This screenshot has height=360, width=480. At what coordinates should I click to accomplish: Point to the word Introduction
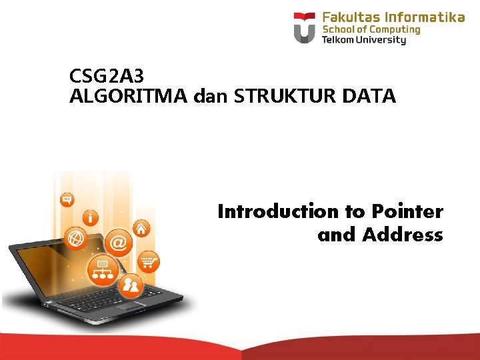pyautogui.click(x=278, y=212)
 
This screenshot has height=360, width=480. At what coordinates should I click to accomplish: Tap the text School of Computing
pyautogui.click(x=371, y=29)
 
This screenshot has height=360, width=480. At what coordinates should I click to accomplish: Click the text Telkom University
pyautogui.click(x=363, y=40)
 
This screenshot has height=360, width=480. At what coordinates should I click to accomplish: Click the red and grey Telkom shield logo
pyautogui.click(x=305, y=27)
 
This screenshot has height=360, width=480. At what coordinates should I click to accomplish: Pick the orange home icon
pyautogui.click(x=141, y=229)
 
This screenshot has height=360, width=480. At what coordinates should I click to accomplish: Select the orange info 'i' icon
pyautogui.click(x=90, y=217)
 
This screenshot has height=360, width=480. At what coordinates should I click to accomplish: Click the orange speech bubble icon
pyautogui.click(x=67, y=199)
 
